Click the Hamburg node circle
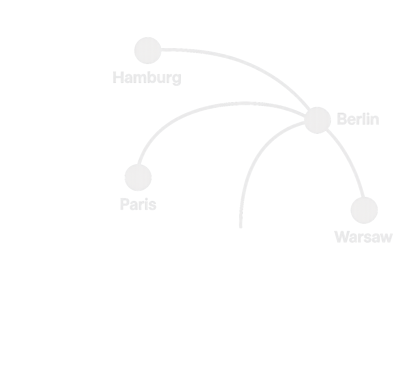148,50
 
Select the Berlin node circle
317,120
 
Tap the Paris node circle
138,178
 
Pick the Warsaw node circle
364,210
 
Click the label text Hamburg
147,78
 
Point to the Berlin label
358,119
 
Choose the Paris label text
138,205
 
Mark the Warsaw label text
364,237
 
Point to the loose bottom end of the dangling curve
241,227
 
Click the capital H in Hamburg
118,77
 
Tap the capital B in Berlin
342,119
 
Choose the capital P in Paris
124,205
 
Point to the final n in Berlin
374,120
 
